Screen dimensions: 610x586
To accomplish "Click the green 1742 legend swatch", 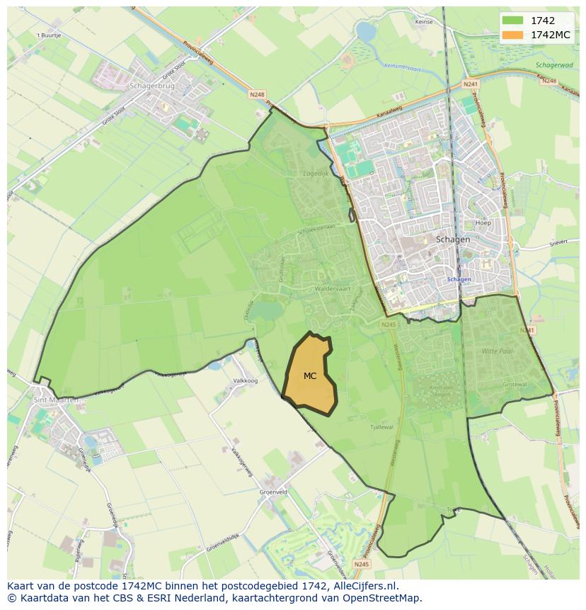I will pos(513,21).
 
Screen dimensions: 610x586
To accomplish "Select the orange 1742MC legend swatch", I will pos(513,35).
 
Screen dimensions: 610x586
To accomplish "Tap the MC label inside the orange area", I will pos(310,376).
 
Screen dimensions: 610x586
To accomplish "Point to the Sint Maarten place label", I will pos(55,400).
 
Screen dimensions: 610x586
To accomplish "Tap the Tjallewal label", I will pos(381,427).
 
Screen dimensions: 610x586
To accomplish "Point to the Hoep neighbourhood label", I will pos(483,222).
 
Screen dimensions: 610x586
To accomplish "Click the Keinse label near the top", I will pos(424,22).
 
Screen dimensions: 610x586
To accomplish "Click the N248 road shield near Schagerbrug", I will pos(256,94).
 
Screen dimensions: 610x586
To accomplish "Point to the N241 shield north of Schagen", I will pos(471,84).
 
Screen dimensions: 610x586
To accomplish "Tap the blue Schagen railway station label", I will pos(459,279).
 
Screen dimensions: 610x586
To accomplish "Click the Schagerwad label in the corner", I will pos(554,65).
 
